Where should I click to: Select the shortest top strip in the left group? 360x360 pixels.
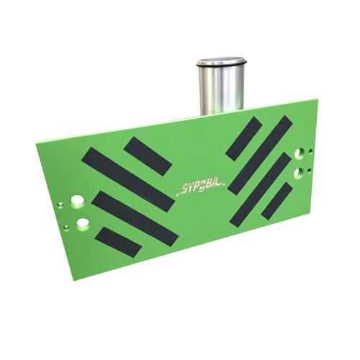(x=148, y=156)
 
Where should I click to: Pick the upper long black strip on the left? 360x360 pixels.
(x=127, y=179)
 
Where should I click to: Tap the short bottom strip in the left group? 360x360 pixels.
(x=118, y=242)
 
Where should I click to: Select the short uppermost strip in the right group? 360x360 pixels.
(x=243, y=138)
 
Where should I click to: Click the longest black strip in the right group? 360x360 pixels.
(x=260, y=155)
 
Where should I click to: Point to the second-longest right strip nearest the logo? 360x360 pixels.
(x=259, y=188)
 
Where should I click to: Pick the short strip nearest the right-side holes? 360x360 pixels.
(x=277, y=201)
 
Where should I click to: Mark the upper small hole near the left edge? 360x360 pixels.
(x=63, y=204)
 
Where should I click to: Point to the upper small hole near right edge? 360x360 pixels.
(x=311, y=152)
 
